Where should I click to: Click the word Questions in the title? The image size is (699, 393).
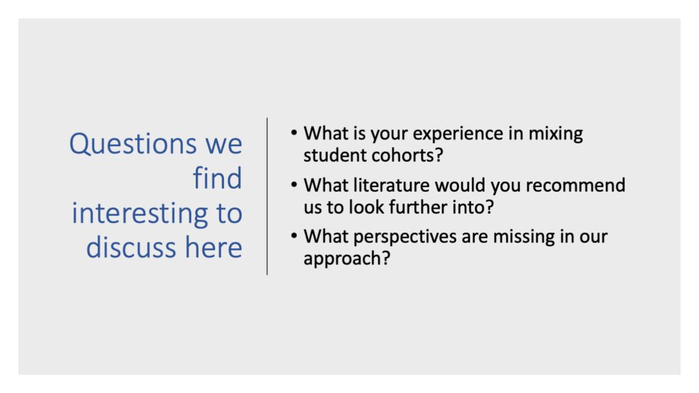pos(133,145)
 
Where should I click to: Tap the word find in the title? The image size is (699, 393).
pos(218,178)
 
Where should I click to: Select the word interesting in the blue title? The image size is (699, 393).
pos(140,214)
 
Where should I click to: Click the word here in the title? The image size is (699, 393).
pos(214,247)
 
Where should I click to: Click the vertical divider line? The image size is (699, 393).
pos(267,196)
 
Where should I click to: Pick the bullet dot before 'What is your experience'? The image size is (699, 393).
pos(294,133)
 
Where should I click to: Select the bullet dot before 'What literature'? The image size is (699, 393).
pos(294,184)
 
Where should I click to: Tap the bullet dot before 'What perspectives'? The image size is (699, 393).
pos(294,235)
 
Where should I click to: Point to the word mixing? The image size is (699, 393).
pos(556,134)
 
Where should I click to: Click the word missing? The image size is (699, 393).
pos(524,237)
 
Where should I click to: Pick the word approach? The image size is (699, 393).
pos(341,259)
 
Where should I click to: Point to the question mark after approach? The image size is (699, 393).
pos(385,258)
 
